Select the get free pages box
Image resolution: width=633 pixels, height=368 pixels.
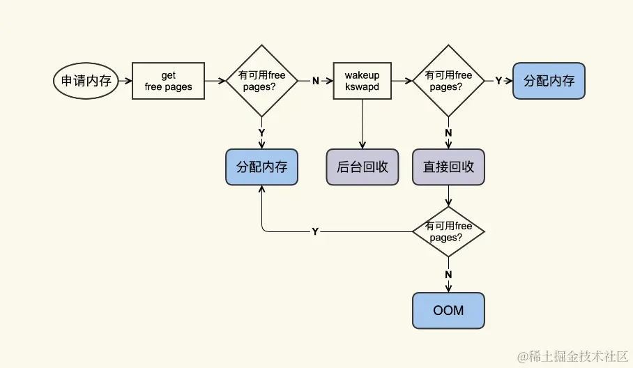tap(168, 81)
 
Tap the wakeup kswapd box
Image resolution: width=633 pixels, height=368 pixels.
tap(361, 81)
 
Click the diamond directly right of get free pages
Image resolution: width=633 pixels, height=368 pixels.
tap(261, 81)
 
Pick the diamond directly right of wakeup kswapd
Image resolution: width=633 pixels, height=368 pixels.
tap(448, 81)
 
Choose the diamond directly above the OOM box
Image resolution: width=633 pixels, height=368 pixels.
tap(448, 231)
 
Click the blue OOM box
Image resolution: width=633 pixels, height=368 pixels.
tap(448, 310)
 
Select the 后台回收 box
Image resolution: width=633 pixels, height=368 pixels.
tap(362, 167)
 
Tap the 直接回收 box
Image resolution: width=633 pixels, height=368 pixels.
tap(448, 167)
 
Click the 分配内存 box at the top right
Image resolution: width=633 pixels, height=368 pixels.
tap(549, 81)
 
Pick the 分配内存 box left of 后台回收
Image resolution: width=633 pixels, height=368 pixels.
tap(261, 167)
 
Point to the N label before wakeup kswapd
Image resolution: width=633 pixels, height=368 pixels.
tap(315, 81)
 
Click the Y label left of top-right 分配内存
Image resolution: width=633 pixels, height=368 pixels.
tap(498, 81)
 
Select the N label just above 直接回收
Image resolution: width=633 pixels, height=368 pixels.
tap(448, 132)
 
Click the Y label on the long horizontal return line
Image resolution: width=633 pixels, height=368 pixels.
tap(315, 231)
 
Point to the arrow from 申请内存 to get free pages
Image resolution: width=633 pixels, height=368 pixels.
tap(125, 81)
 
